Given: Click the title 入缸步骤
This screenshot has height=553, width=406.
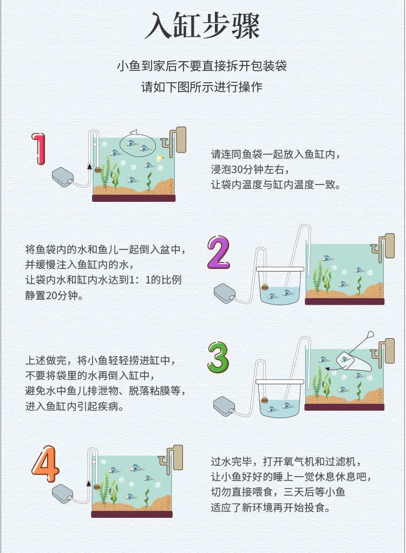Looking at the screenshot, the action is (202, 26).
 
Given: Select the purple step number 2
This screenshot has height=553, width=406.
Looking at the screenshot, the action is (218, 252).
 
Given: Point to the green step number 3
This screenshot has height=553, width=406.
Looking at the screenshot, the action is (218, 357).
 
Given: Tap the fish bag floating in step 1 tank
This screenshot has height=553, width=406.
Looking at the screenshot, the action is (137, 144).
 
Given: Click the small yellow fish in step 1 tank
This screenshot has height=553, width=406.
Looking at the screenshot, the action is (161, 159).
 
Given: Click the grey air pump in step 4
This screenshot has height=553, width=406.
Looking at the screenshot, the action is (62, 493).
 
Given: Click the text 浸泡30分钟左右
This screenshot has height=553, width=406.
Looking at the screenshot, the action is (250, 169).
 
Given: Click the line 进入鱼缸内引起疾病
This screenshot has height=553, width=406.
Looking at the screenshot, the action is (75, 406).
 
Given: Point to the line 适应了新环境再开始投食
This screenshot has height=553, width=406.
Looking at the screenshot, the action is (271, 508).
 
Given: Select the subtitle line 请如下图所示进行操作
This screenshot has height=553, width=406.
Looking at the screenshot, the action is (202, 87).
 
